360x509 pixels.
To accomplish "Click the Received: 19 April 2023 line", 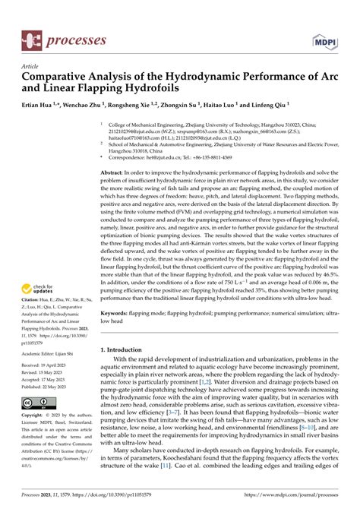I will coord(46,365).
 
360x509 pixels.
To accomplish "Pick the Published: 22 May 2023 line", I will coord(46,385).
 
